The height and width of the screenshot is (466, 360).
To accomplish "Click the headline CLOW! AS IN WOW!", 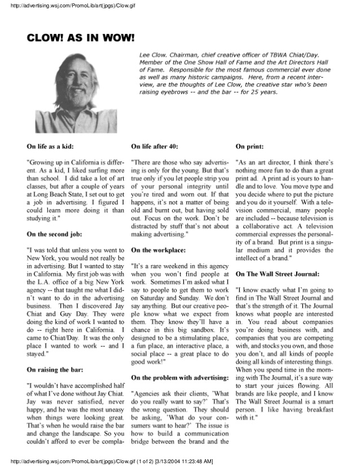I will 81,38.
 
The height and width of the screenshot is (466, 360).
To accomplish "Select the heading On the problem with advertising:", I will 179,376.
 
